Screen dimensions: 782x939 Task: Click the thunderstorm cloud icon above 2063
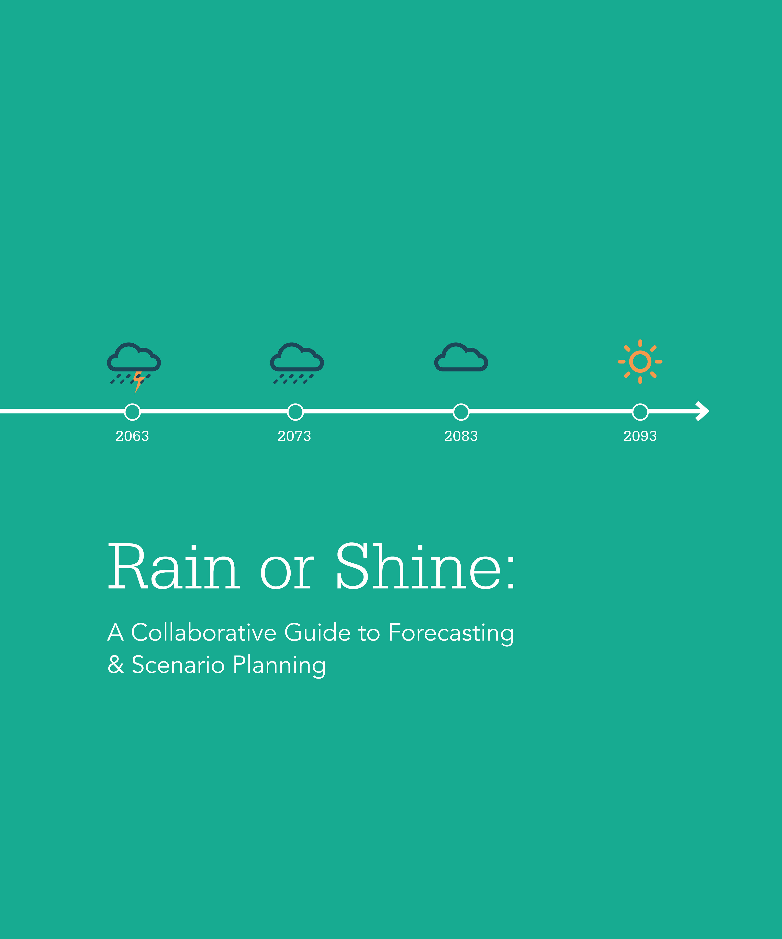click(x=134, y=358)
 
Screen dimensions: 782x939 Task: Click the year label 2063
click(x=132, y=436)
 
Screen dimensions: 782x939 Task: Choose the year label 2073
click(x=294, y=436)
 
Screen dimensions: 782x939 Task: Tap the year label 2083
click(x=461, y=436)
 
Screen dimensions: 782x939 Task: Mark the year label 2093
click(x=640, y=436)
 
